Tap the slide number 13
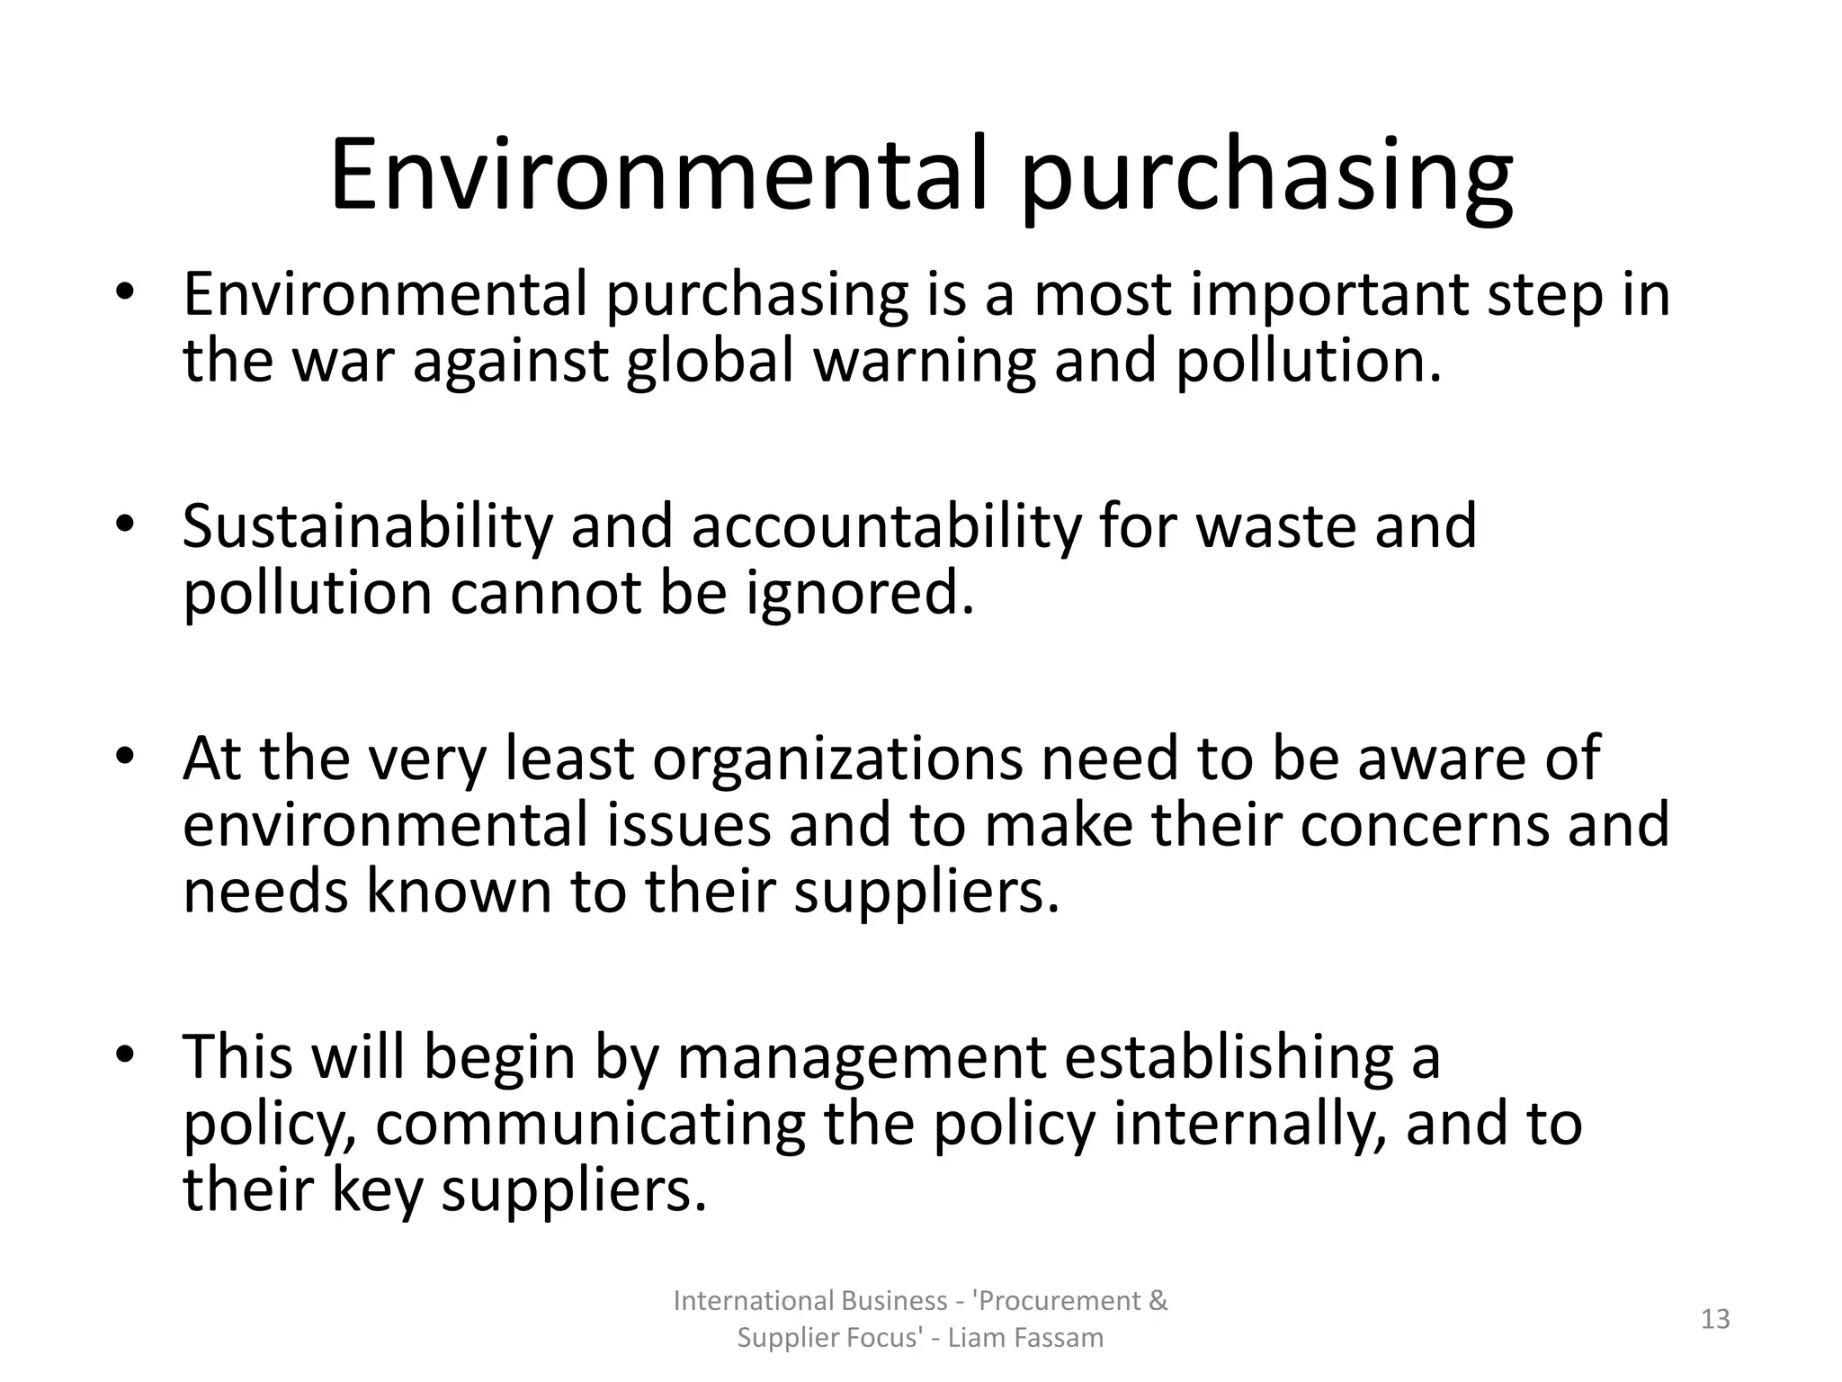[1715, 1319]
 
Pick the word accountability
[885, 529]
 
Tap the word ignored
[860, 596]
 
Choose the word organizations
[837, 758]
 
